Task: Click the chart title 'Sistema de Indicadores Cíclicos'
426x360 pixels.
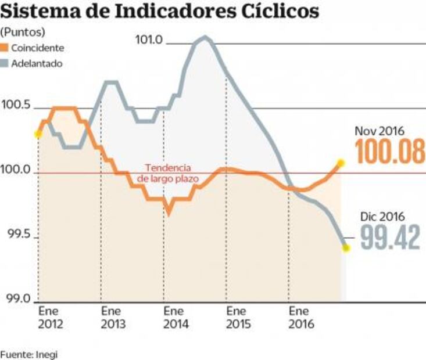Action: [160, 12]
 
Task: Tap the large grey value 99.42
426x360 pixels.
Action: [389, 237]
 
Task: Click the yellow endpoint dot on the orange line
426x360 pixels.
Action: [341, 163]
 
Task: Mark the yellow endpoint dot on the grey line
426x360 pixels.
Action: [346, 248]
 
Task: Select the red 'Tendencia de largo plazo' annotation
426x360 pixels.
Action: [167, 172]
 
